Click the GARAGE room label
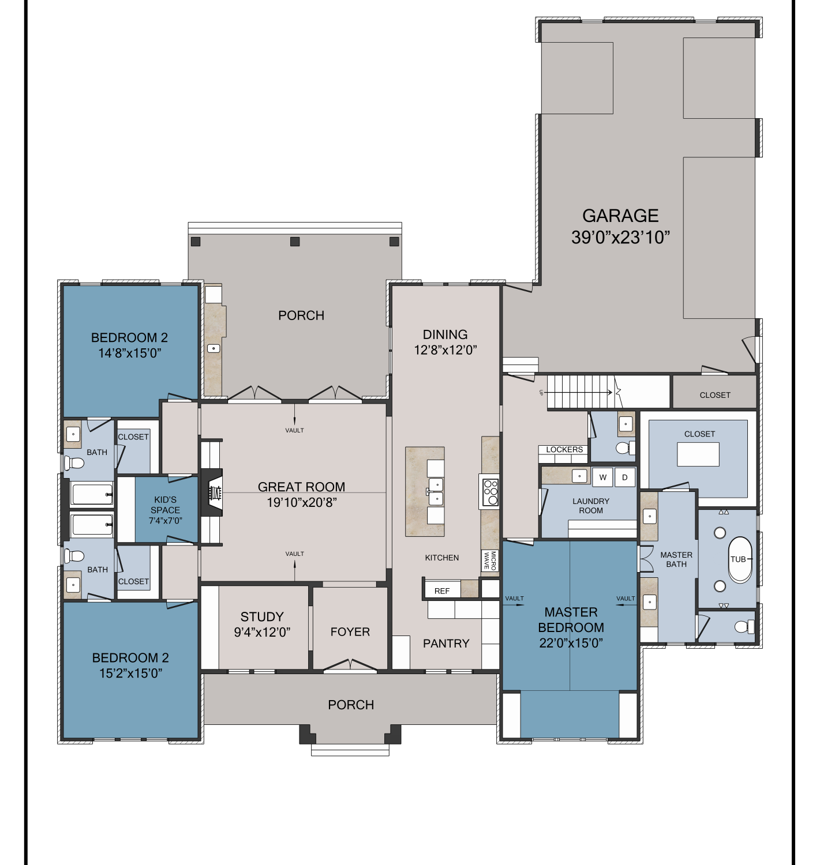[x=620, y=216]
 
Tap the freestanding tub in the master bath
[x=740, y=559]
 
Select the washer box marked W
[x=602, y=477]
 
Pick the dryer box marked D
[x=624, y=477]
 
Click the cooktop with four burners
[x=490, y=491]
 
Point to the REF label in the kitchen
[x=441, y=591]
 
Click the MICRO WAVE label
[x=490, y=560]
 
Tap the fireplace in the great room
[x=212, y=492]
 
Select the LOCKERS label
[x=564, y=449]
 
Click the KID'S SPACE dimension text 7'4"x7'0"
[x=165, y=521]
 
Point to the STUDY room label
[x=261, y=616]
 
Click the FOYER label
[x=350, y=632]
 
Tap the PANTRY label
[x=445, y=643]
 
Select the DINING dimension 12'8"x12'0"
[x=445, y=350]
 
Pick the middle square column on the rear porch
[x=295, y=242]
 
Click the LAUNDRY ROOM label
[x=590, y=506]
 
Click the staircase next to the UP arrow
[x=581, y=391]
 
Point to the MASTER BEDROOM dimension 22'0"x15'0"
[x=571, y=643]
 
